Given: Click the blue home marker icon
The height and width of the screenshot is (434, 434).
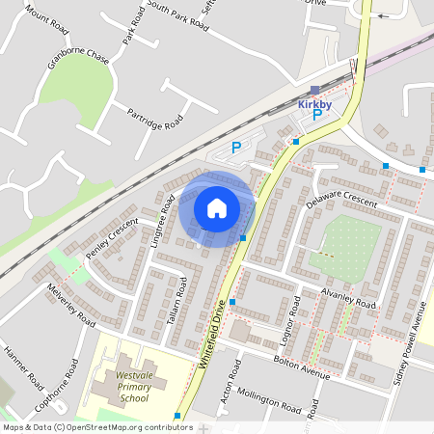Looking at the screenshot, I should click(x=216, y=208).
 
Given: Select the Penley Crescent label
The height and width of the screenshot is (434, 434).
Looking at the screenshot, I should click(x=112, y=240).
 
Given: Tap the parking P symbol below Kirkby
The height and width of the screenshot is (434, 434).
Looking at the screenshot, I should click(x=317, y=116).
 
